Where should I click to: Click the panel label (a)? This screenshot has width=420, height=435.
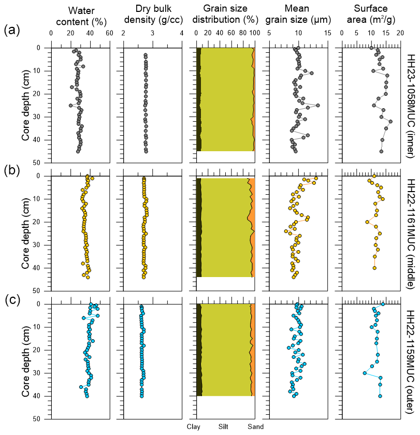pos(11,31)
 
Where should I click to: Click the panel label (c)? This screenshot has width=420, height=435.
pos(11,299)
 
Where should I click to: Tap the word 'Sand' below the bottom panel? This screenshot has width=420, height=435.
pos(255,426)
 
